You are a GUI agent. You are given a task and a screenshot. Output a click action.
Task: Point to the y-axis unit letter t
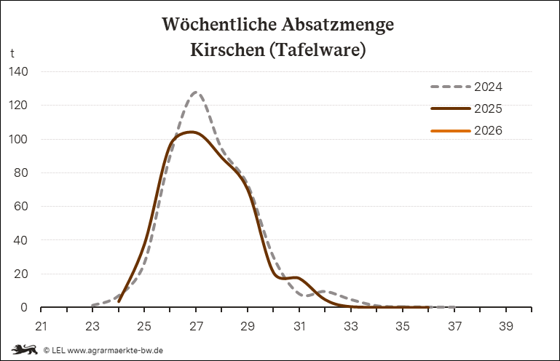tap(12, 54)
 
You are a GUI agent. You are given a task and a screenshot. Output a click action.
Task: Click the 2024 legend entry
tap(488, 87)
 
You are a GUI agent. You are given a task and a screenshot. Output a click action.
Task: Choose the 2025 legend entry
tap(488, 108)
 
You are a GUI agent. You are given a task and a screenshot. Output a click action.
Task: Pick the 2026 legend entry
tap(488, 130)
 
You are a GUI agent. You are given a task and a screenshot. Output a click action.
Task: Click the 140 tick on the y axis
tap(19, 72)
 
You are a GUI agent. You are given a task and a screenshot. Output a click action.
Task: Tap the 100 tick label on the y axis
tap(19, 140)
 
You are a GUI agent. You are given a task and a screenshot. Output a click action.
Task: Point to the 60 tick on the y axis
tap(22, 207)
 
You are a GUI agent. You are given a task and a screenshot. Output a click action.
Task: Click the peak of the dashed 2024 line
tap(196, 92)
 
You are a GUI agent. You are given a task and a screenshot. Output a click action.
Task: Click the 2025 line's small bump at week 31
tap(296, 278)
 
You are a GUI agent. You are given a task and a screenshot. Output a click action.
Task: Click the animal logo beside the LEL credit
tap(23, 349)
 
